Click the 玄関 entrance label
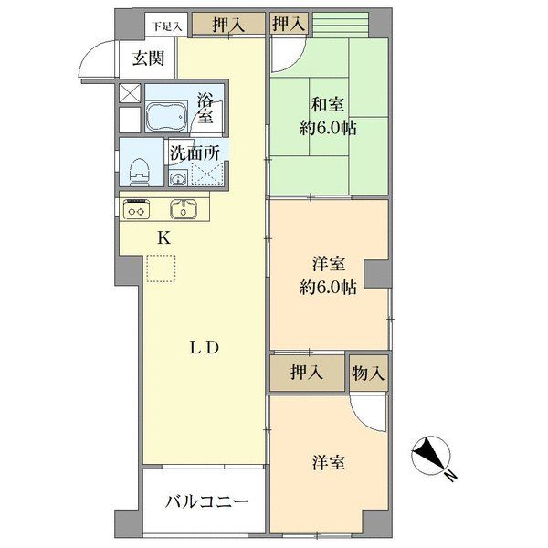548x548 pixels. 148,58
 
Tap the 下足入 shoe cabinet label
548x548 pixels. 167,26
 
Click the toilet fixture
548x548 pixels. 140,172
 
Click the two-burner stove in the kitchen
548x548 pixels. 137,209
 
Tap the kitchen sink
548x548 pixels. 184,209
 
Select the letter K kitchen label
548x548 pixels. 163,238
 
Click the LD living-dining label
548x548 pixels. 205,348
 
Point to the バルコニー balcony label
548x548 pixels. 206,502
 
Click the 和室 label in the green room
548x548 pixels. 328,104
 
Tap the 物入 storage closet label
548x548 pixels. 368,374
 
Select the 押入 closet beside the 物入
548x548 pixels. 307,373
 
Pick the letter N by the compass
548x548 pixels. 451,476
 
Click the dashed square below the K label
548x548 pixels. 161,269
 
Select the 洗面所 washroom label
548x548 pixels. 195,153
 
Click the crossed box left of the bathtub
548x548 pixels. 130,93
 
